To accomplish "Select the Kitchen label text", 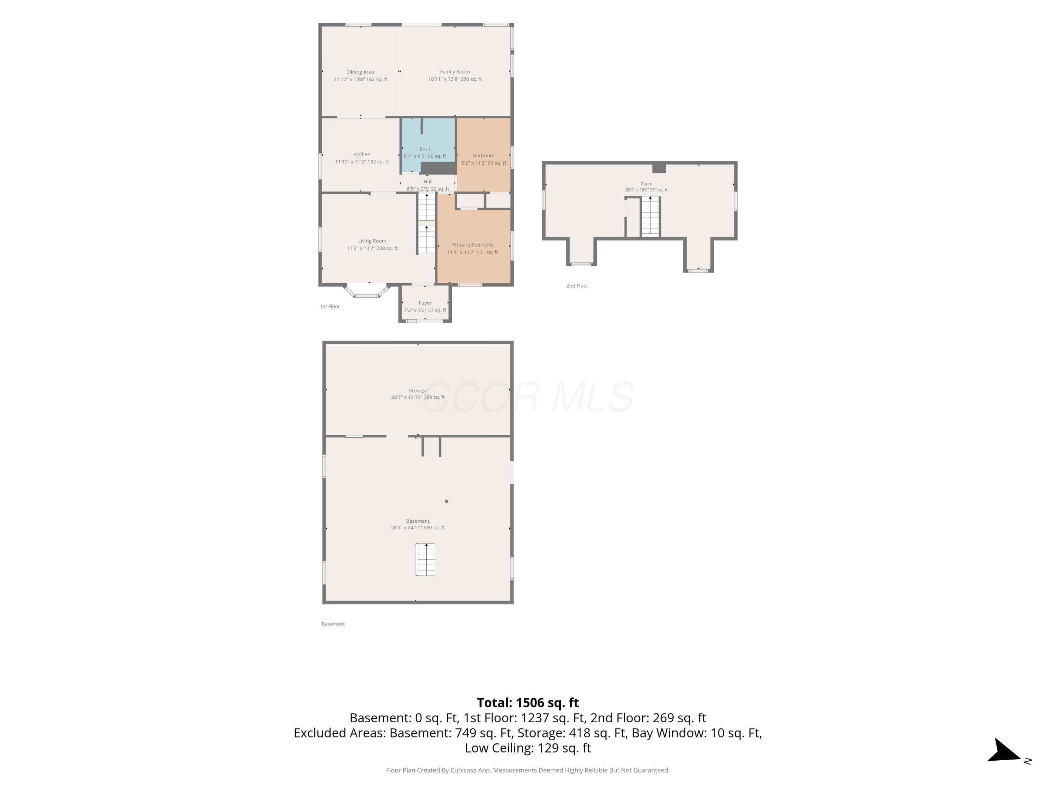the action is coord(362,154).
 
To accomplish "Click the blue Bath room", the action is coord(428,146).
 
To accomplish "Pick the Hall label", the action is coord(428,181).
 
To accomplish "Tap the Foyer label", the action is coord(425,303).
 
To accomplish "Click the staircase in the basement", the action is coord(425,560).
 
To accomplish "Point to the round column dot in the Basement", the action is coord(446,501).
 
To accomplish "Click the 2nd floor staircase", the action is coord(650,216).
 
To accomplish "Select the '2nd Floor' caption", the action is coord(577,286).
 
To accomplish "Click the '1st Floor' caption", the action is coord(330,307).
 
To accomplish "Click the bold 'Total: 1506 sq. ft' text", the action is coord(528,703).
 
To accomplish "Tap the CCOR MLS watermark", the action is coord(528,397).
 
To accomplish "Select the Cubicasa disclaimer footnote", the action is coord(528,770).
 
